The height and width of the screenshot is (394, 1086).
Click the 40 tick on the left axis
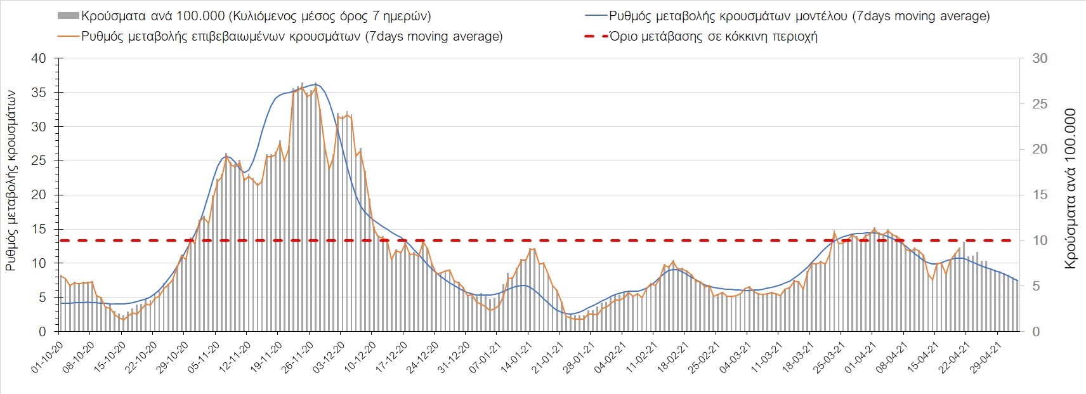[39, 58]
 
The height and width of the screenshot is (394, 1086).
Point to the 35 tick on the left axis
[39, 93]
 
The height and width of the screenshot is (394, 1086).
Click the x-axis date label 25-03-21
[828, 358]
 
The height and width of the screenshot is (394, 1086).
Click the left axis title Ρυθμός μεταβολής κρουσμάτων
[11, 180]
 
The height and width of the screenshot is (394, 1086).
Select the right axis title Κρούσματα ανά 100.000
[1070, 188]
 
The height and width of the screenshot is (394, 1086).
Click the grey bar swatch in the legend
[68, 16]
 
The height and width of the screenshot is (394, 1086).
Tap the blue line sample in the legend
[596, 16]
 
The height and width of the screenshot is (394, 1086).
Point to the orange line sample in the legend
[68, 36]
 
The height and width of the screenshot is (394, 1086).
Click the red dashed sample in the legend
[596, 36]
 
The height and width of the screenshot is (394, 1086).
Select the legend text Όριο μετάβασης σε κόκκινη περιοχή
[713, 36]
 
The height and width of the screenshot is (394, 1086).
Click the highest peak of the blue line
[316, 84]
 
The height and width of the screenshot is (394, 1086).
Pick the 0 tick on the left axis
[43, 332]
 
